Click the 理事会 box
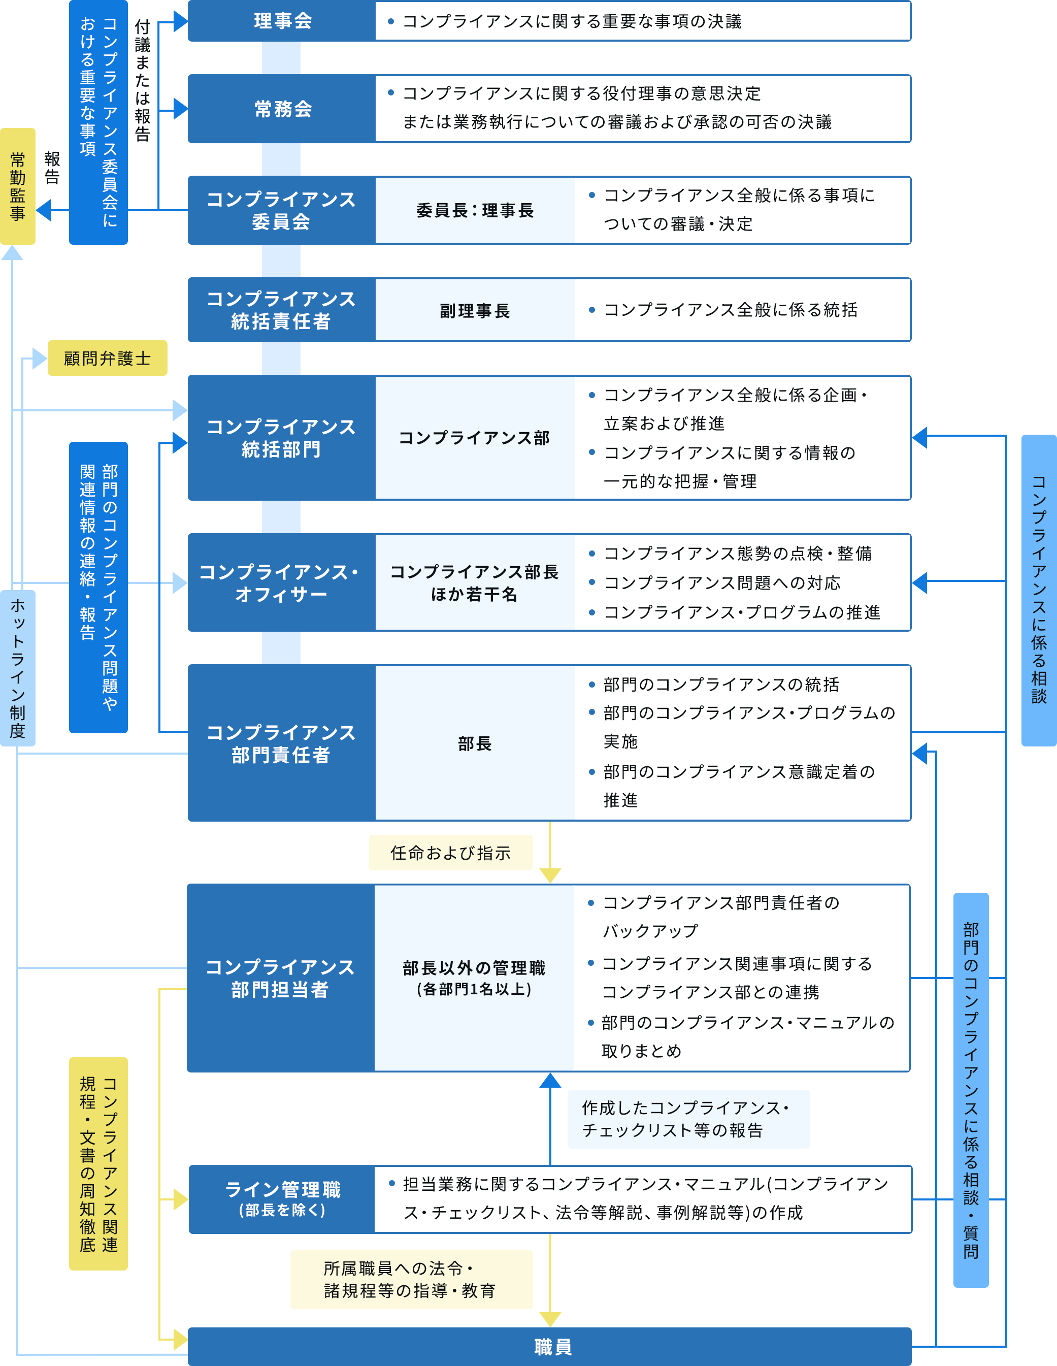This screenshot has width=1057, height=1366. click(x=282, y=21)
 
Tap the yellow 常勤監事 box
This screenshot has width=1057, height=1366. click(x=17, y=186)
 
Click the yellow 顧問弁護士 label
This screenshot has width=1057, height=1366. click(x=108, y=359)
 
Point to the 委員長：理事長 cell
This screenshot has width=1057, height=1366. click(x=475, y=211)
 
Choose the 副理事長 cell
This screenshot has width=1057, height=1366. click(x=475, y=311)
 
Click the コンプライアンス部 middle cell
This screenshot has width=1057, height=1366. click(x=475, y=438)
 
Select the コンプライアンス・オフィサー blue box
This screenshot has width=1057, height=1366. click(x=281, y=582)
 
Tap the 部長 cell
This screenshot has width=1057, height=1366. click(x=475, y=743)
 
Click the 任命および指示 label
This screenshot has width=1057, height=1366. click(x=450, y=853)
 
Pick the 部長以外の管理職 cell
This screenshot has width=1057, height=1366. click(x=474, y=978)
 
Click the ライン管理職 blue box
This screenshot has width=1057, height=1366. click(x=282, y=1199)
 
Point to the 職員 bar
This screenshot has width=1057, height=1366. click(x=550, y=1347)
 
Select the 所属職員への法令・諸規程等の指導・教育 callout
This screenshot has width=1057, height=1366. click(x=410, y=1280)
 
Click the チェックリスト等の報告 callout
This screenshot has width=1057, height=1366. click(x=688, y=1119)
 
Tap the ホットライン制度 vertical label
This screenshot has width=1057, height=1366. click(x=17, y=668)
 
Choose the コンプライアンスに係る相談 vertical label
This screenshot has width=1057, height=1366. click(x=1038, y=589)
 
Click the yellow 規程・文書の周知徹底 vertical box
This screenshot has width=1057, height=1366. click(x=98, y=1163)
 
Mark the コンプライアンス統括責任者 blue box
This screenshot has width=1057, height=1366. click(x=281, y=310)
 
